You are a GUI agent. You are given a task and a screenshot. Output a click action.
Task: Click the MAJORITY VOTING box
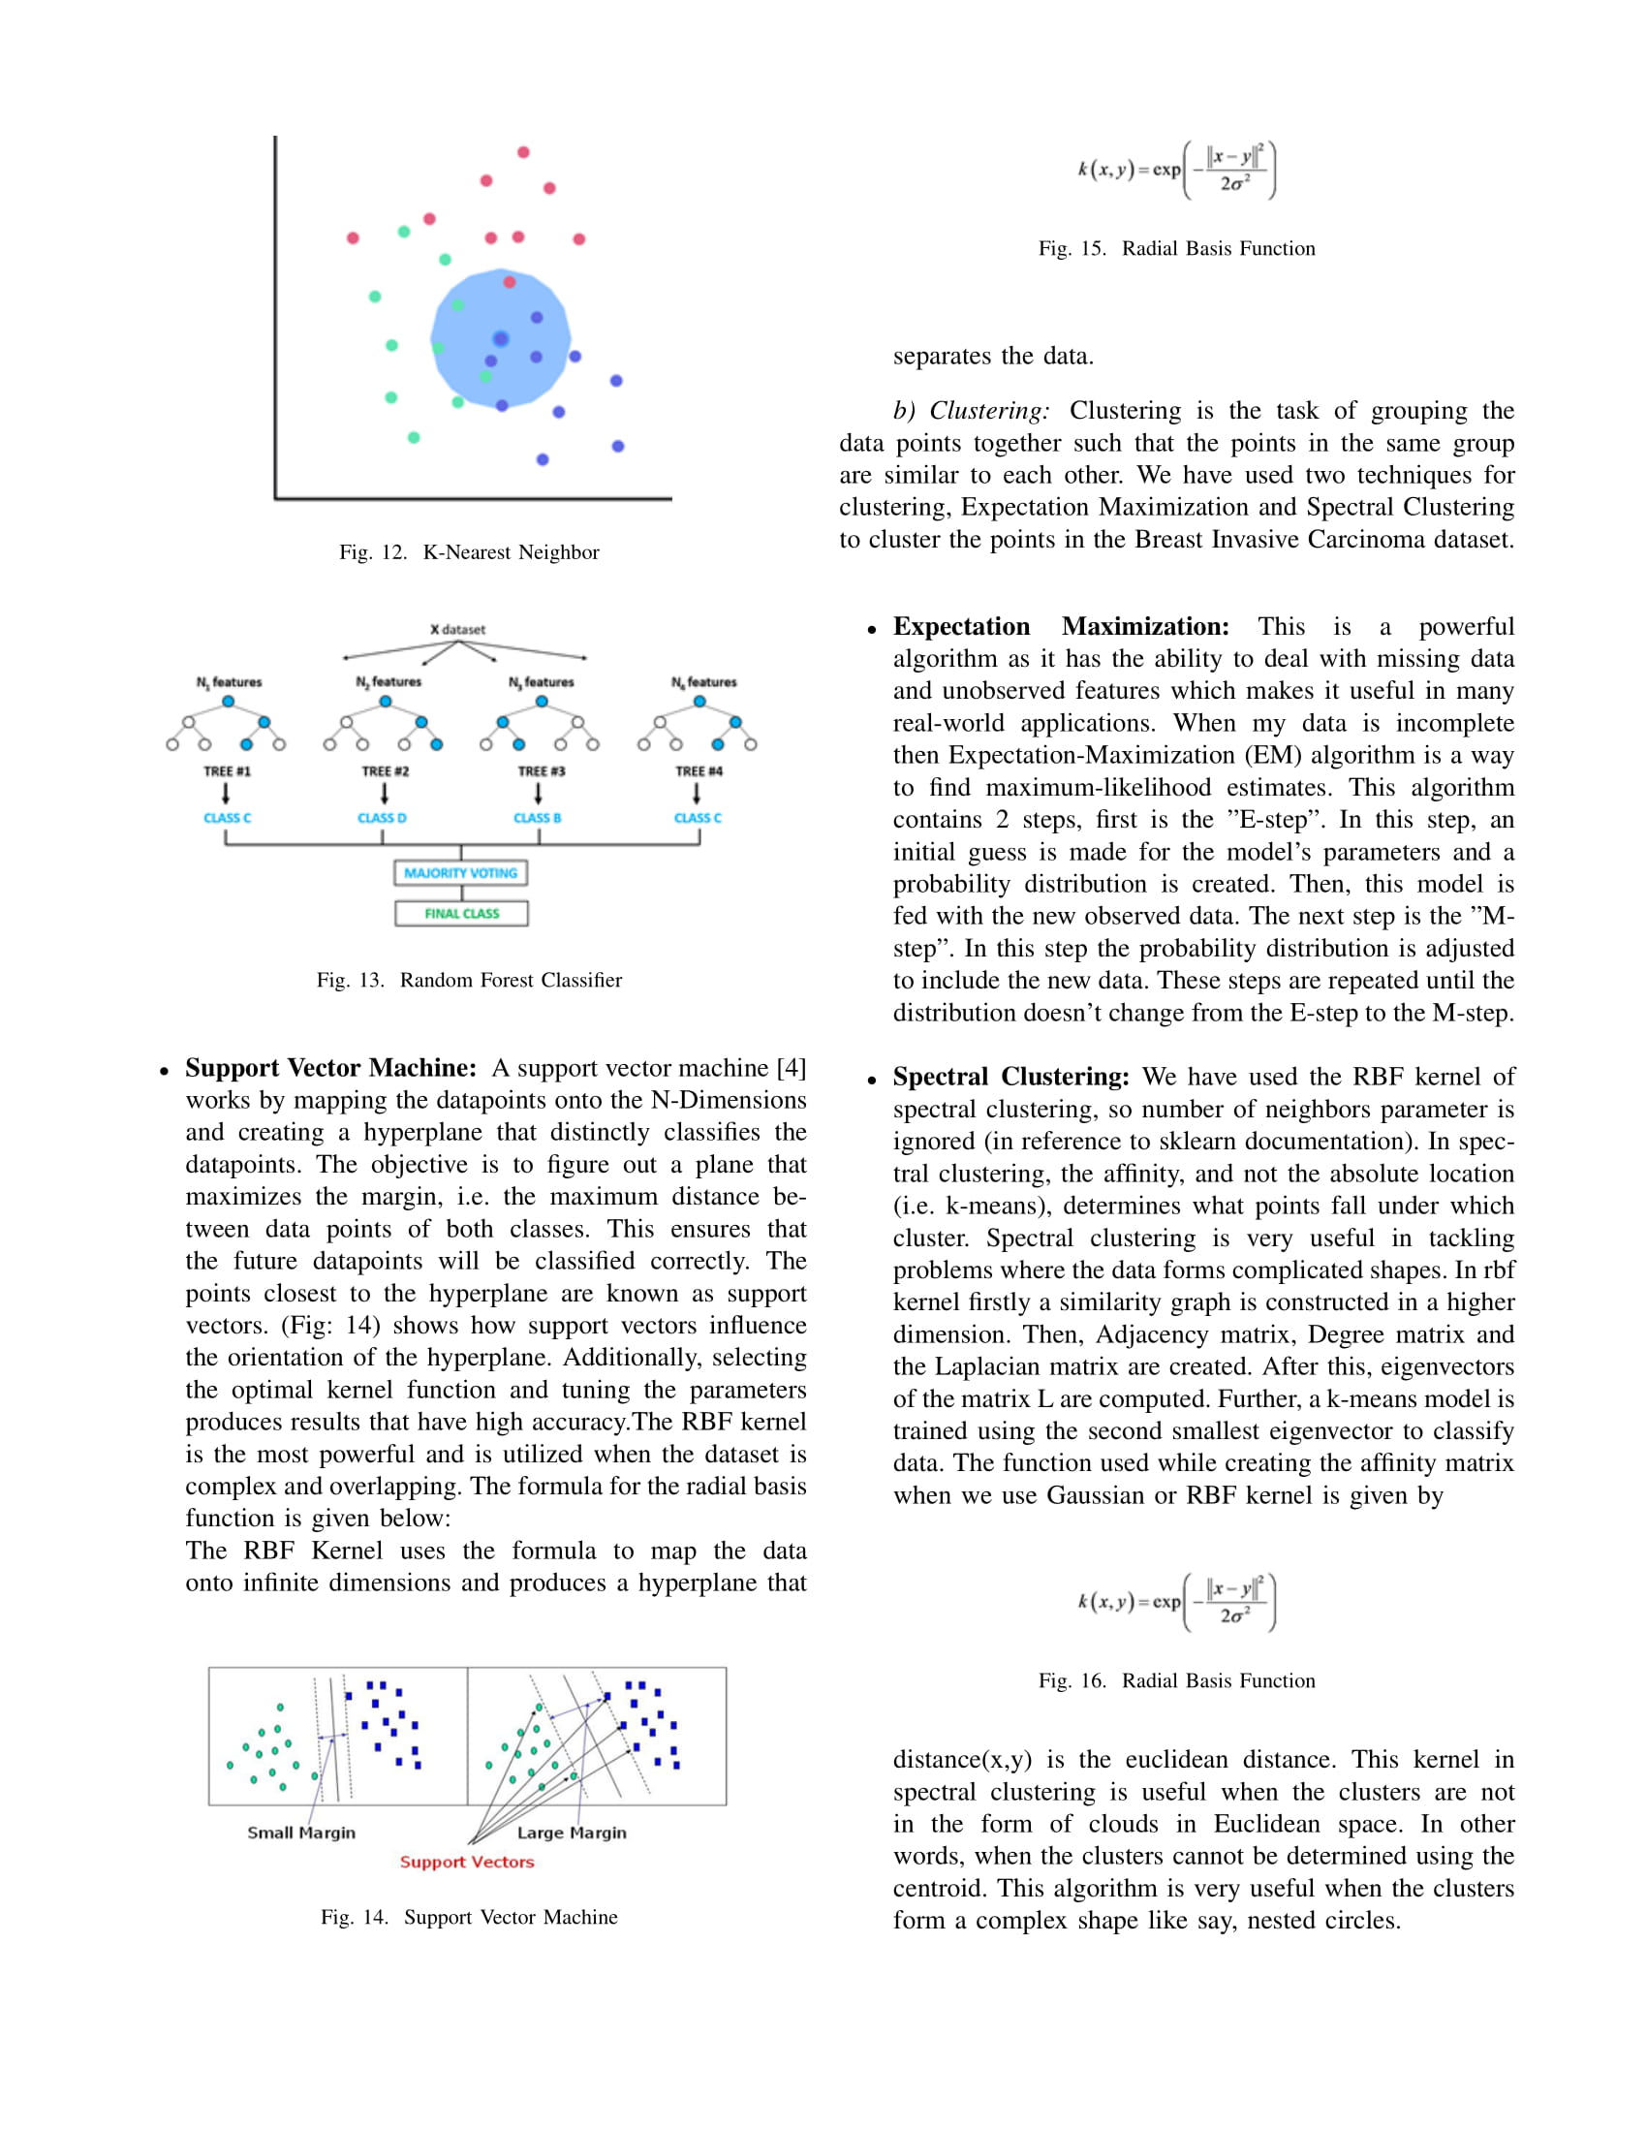(x=460, y=873)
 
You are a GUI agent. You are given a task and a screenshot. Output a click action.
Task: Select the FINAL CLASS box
(x=461, y=914)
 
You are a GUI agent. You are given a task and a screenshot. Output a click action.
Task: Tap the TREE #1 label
(x=227, y=771)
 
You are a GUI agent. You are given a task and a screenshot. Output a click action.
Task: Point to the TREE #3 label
(x=542, y=771)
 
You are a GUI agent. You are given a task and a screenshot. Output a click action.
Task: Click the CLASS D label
(x=382, y=818)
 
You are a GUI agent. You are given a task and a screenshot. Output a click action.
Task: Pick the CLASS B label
(x=538, y=818)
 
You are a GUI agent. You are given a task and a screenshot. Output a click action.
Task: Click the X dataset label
(x=457, y=630)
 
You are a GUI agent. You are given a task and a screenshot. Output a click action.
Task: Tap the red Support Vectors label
(x=467, y=1862)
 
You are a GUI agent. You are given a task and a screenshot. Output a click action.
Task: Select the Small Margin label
(x=301, y=1833)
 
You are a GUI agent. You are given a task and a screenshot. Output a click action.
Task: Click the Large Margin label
(x=572, y=1833)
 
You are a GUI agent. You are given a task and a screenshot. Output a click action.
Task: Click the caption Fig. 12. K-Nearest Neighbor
(x=469, y=552)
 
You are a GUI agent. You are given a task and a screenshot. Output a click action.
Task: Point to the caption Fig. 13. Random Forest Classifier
(x=469, y=980)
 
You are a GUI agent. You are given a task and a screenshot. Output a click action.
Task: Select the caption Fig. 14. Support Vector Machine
(x=469, y=1917)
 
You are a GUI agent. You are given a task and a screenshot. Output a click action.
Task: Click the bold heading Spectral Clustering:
(x=1010, y=1077)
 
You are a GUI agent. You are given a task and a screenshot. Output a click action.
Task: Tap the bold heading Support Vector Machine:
(x=330, y=1068)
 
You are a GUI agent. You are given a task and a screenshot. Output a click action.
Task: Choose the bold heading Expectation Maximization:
(x=1061, y=627)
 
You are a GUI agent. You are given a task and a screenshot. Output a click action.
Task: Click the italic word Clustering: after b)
(x=989, y=411)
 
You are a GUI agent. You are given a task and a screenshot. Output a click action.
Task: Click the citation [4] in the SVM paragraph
(x=792, y=1068)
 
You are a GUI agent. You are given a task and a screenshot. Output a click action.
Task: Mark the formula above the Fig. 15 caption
(x=1177, y=170)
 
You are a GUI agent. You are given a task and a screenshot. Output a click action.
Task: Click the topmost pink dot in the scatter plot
(x=523, y=152)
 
